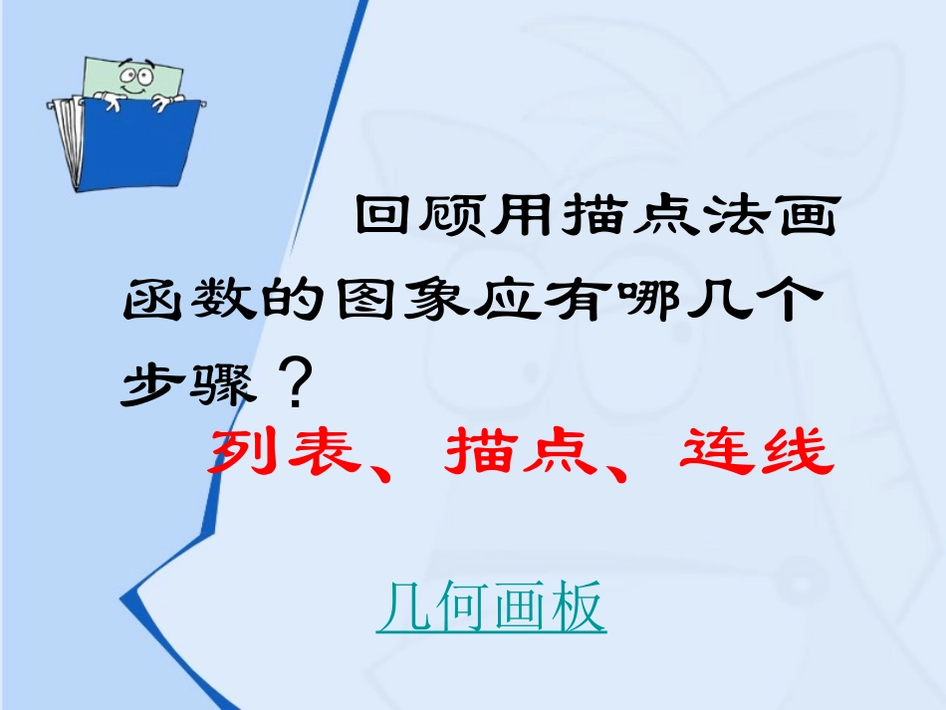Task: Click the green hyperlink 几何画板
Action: click(491, 607)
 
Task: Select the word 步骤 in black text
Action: click(186, 384)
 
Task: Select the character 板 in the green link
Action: click(578, 607)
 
